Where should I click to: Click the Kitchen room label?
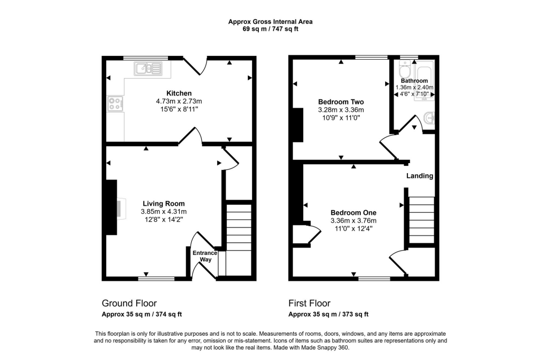pos(179,93)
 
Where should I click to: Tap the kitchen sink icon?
pos(148,68)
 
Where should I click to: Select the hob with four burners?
pos(115,104)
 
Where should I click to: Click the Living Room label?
pos(164,203)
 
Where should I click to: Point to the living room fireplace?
pos(112,207)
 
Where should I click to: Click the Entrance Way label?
pos(205,256)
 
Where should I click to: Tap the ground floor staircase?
pos(238,240)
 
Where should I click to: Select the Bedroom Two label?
pos(341,102)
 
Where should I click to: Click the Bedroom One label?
pos(353,213)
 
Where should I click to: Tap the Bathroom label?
pos(414,81)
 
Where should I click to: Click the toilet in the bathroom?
pos(404,69)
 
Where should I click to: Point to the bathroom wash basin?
pos(430,118)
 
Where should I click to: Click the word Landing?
pos(419,176)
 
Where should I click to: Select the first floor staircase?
pos(421,220)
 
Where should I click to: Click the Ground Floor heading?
pos(129,303)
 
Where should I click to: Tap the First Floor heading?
pos(310,303)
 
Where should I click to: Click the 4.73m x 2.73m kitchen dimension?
pos(179,101)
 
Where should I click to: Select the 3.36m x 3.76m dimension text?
pos(353,221)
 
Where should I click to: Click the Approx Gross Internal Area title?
pos(270,22)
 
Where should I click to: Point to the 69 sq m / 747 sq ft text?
pos(270,29)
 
